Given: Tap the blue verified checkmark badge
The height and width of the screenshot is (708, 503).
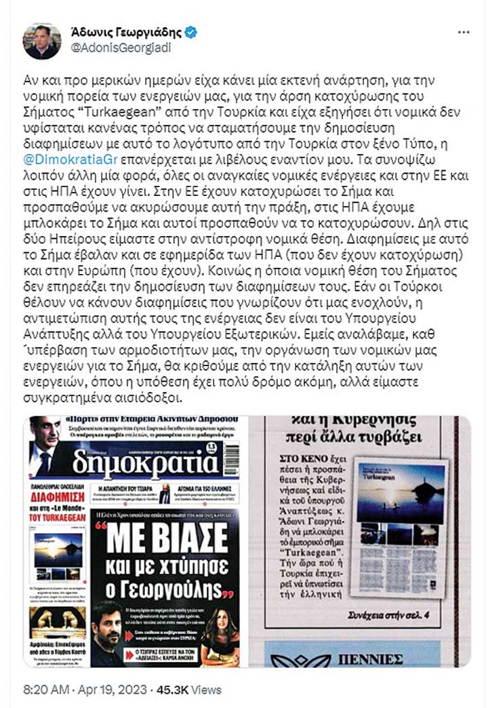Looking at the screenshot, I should tap(191, 32).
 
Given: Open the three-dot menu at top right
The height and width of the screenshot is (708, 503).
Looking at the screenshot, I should tap(464, 33).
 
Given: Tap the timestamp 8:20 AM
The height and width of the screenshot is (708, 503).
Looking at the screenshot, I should tap(45, 690).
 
